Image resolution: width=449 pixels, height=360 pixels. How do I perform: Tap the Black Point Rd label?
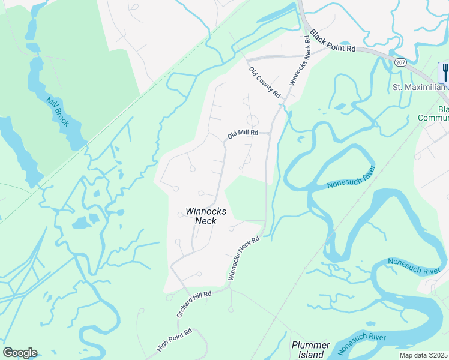(337, 43)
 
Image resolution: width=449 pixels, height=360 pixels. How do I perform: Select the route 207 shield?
(400, 62)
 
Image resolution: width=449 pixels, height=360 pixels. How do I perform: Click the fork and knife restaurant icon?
(444, 73)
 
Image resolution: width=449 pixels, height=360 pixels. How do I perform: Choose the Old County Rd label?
(265, 82)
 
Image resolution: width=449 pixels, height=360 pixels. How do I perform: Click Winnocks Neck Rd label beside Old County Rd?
(300, 60)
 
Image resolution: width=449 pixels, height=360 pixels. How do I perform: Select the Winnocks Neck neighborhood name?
(206, 215)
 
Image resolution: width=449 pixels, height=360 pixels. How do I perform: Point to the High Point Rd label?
(174, 340)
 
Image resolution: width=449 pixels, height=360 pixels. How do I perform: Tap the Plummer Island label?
(310, 349)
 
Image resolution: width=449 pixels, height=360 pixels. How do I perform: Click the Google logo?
(20, 352)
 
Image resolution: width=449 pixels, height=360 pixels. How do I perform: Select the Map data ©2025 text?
(423, 355)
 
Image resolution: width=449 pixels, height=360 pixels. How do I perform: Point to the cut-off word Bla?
(443, 110)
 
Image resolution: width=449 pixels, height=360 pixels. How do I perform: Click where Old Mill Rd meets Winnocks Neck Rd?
(268, 133)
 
